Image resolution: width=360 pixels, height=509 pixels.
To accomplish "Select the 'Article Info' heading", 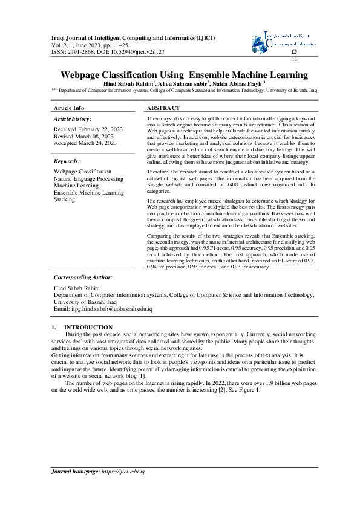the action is [x=69, y=107].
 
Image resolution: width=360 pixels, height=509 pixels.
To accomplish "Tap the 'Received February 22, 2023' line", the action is [x=88, y=129].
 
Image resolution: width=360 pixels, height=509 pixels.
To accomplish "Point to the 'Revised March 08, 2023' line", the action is [x=83, y=136].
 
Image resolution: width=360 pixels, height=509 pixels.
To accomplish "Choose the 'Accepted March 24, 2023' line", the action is [x=85, y=143].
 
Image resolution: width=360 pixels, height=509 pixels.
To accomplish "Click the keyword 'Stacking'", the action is [x=64, y=199].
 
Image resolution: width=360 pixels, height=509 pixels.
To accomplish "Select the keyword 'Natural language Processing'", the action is [x=88, y=179].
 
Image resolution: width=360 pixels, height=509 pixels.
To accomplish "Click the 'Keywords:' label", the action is [x=68, y=161].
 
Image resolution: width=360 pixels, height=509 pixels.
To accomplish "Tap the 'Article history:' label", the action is [x=73, y=120].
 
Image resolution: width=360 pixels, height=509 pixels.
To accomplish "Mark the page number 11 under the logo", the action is [x=295, y=59].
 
